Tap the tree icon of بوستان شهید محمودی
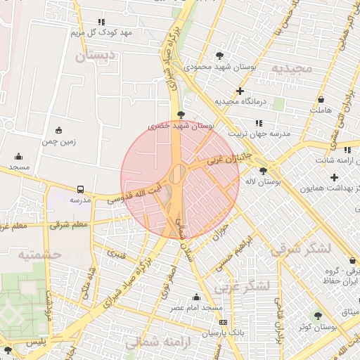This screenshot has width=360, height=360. click(219, 56)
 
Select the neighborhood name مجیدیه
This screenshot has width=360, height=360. click(292, 69)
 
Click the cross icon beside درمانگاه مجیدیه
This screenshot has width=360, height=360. click(240, 91)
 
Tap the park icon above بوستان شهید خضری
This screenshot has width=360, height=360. click(181, 114)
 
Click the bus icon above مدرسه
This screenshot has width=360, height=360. click(81, 189)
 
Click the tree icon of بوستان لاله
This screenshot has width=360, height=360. click(263, 170)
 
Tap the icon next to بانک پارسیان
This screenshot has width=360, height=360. click(223, 322)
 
